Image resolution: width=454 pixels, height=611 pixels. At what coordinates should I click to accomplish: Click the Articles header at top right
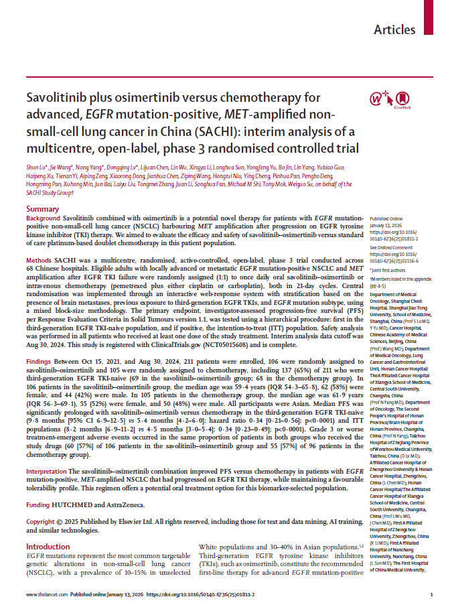tap(395, 29)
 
